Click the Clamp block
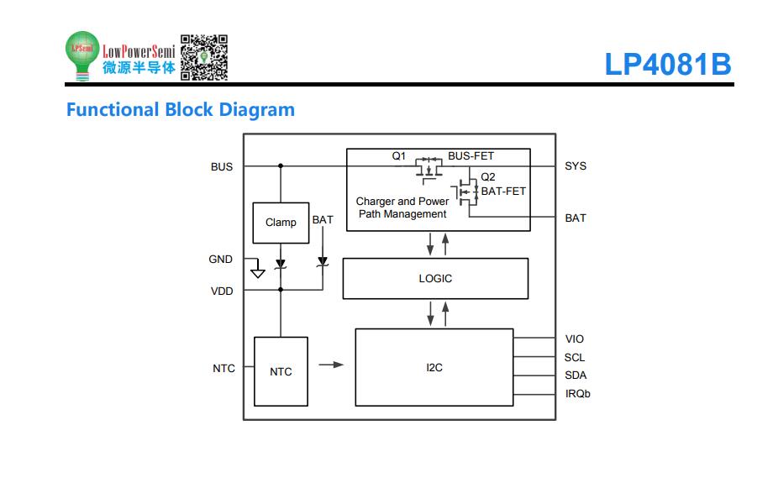click(281, 223)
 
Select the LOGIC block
click(435, 278)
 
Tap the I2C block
click(434, 367)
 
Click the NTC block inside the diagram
click(281, 371)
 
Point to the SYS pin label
click(576, 166)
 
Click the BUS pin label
click(221, 167)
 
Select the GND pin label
click(220, 260)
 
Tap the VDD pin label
click(222, 291)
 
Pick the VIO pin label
click(575, 339)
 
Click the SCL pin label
click(575, 357)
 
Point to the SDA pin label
click(576, 375)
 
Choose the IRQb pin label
click(578, 394)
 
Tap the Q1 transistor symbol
click(429, 170)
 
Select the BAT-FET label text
click(503, 192)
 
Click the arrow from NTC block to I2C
click(331, 365)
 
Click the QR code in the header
click(203, 57)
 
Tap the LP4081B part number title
click(668, 64)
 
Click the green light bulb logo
click(82, 55)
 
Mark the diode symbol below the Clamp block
click(281, 264)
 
